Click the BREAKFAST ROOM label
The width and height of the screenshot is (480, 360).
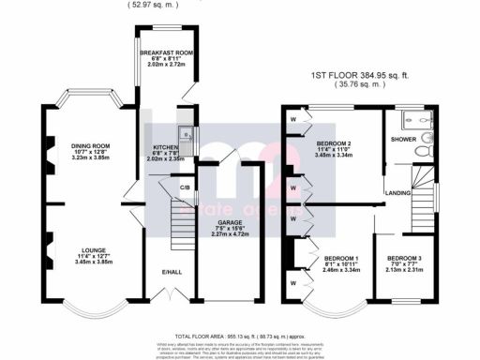165,52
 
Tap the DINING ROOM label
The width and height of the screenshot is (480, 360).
89,146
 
